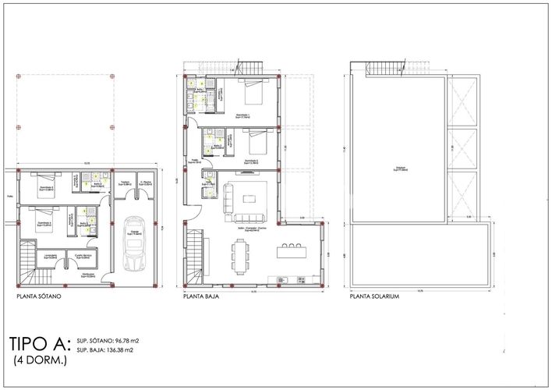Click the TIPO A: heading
pyautogui.click(x=40, y=344)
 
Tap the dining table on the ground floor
pyautogui.click(x=239, y=253)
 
